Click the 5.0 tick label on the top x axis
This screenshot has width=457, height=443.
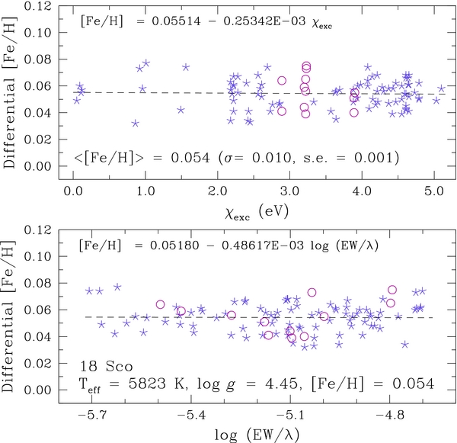coord(434,191)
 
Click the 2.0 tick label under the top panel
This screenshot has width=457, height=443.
coord(217,191)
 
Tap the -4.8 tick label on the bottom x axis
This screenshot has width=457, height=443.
coord(390,415)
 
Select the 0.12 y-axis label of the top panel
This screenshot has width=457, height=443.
coord(37,6)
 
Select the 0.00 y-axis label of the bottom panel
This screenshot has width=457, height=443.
coord(37,390)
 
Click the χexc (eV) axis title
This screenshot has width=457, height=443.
coord(257,211)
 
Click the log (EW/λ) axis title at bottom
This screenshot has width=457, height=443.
coord(257,435)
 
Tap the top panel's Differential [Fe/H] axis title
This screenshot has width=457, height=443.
coord(8,92)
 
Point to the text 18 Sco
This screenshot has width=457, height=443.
coord(106,367)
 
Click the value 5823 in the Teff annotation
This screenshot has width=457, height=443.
coord(147,384)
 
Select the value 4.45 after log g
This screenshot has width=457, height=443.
coord(283,384)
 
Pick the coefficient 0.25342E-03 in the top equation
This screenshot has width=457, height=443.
coord(264,21)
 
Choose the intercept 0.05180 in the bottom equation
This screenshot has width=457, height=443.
coord(174,246)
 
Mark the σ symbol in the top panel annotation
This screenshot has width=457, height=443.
coord(224,158)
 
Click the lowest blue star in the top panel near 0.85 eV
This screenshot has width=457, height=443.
coord(135,124)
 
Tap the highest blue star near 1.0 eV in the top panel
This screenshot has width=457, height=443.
coord(146,63)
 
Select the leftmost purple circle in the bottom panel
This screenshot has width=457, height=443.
coord(160,304)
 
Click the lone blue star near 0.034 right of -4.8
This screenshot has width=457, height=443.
coord(404,345)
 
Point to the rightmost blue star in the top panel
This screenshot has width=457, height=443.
coord(442,88)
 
